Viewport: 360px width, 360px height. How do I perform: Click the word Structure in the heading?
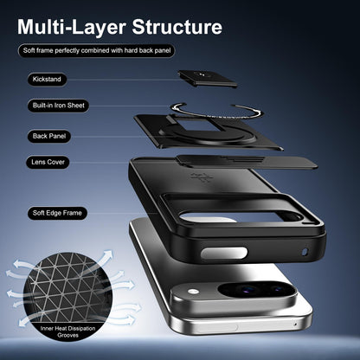(177, 27)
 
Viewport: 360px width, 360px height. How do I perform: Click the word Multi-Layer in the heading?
(72, 27)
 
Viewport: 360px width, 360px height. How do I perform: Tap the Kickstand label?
(47, 80)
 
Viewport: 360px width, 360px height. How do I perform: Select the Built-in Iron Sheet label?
(59, 106)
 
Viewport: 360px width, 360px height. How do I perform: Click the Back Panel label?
(49, 136)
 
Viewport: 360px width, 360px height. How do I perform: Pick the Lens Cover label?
(48, 162)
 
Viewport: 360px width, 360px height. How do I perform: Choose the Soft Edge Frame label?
(57, 213)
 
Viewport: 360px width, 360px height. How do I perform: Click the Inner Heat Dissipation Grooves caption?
(67, 331)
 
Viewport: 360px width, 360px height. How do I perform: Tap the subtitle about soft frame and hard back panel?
(97, 51)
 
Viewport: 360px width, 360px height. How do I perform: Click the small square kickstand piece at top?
(208, 78)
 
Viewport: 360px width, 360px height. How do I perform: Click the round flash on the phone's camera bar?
(194, 292)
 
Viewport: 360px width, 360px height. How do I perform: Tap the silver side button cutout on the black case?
(224, 253)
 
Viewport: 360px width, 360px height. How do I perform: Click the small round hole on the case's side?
(305, 252)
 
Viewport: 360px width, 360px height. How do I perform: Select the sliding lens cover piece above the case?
(247, 163)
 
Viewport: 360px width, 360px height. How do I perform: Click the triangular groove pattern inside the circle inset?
(67, 289)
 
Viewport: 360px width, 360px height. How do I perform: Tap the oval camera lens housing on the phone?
(257, 290)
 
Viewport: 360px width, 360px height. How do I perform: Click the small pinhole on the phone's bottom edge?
(295, 325)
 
